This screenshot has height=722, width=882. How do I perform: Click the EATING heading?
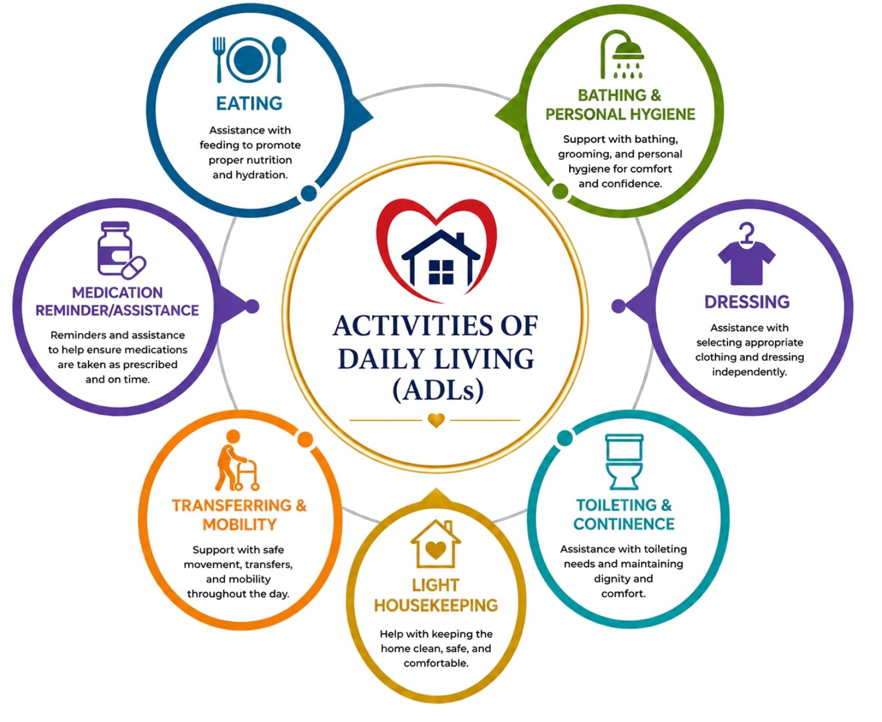pyautogui.click(x=249, y=103)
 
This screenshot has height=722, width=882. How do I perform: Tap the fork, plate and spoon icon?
pyautogui.click(x=250, y=59)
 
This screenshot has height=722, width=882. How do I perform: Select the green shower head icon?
pyautogui.click(x=622, y=55)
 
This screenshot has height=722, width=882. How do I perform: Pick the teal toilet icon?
pyautogui.click(x=624, y=462)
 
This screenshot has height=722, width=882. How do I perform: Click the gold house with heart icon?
pyautogui.click(x=436, y=544)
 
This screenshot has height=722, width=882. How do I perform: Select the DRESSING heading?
pyautogui.click(x=747, y=302)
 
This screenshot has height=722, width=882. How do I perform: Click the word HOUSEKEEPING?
pyautogui.click(x=436, y=605)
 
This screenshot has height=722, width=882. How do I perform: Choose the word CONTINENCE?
pyautogui.click(x=624, y=524)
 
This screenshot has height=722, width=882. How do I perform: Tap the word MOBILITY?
pyautogui.click(x=239, y=524)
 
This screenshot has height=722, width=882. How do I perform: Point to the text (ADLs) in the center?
pyautogui.click(x=438, y=390)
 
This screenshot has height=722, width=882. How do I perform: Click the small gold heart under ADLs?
pyautogui.click(x=436, y=420)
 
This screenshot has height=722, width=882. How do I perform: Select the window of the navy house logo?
pyautogui.click(x=441, y=272)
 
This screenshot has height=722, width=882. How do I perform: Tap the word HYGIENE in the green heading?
pyautogui.click(x=663, y=114)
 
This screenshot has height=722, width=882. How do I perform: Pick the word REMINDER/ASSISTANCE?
pyautogui.click(x=117, y=310)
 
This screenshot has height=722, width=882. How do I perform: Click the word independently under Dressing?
pyautogui.click(x=749, y=372)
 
